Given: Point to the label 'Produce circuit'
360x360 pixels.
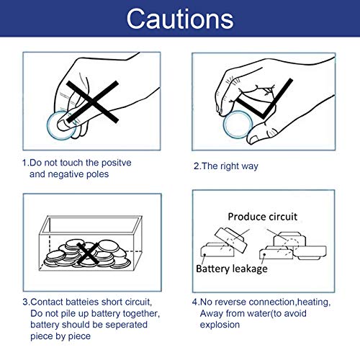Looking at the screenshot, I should coord(262,217).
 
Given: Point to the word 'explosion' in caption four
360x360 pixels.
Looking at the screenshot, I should coord(220,325).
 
